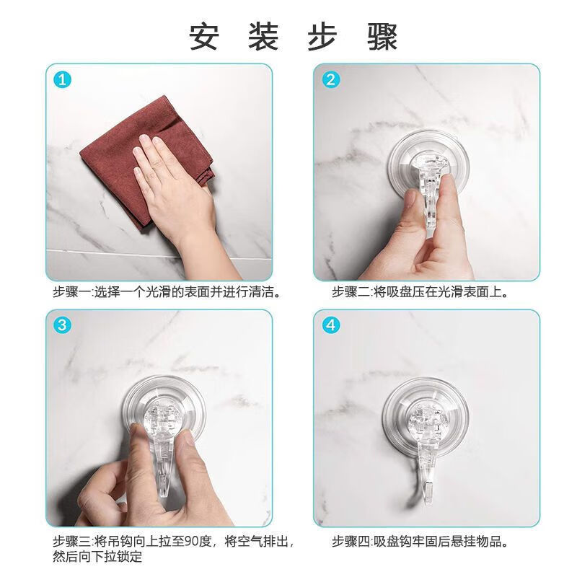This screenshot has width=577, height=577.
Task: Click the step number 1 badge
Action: (x=63, y=80)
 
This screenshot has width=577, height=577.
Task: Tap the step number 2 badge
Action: (x=331, y=80)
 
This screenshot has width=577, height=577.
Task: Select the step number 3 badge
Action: (x=63, y=326)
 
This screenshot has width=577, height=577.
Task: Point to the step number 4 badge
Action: (x=331, y=326)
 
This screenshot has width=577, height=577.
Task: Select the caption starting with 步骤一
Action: (x=166, y=293)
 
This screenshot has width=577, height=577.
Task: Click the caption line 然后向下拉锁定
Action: (x=97, y=557)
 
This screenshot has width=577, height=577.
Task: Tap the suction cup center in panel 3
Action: (x=163, y=418)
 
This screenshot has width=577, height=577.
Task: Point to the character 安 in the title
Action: (x=204, y=36)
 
